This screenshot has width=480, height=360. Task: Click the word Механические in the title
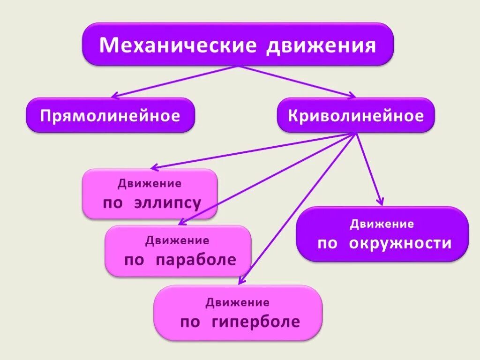178,45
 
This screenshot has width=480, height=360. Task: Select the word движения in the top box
322,46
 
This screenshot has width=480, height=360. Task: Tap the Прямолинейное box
110,115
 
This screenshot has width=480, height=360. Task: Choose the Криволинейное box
356,115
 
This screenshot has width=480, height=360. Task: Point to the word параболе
196,260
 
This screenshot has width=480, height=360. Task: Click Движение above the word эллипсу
150,183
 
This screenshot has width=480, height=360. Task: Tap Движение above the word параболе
177,241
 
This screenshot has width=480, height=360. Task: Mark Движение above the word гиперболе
238,302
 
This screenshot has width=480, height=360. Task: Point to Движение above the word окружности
382,224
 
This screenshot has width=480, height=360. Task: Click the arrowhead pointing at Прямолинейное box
114,96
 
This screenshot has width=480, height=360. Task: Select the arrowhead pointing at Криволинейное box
352,96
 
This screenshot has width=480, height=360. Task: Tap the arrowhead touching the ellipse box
153,167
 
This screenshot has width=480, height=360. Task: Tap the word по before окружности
327,244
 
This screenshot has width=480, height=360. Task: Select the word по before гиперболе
190,322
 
